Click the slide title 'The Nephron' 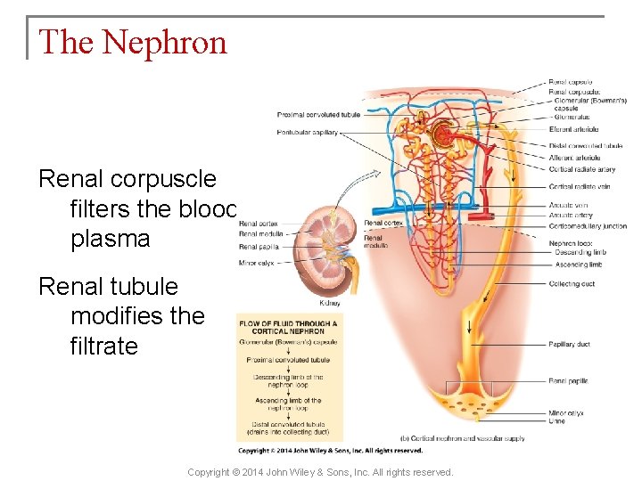(x=133, y=42)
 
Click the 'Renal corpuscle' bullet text (x=128, y=179)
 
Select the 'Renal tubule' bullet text (x=108, y=287)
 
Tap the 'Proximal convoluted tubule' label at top (x=318, y=115)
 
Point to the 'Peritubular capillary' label (x=308, y=134)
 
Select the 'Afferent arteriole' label (x=574, y=158)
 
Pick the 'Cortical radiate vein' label (x=580, y=186)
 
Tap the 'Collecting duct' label (x=572, y=284)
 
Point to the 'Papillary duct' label (x=570, y=345)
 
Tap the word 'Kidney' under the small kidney (x=329, y=303)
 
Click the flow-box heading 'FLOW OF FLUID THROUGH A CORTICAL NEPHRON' (x=287, y=327)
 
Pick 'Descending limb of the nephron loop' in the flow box (x=286, y=380)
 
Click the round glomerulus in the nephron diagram (x=440, y=135)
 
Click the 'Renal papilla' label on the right (x=568, y=381)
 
